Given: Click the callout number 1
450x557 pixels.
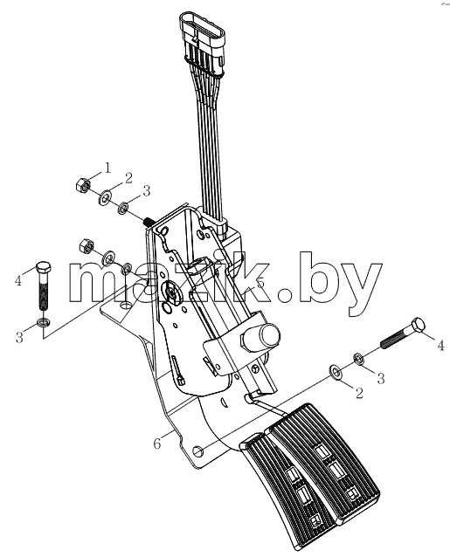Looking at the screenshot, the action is coord(107,168).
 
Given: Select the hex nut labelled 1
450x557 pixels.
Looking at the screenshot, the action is coord(83,184).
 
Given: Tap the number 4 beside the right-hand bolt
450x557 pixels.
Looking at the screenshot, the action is coord(440,345).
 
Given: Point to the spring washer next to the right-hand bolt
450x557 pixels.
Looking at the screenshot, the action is coord(358,358).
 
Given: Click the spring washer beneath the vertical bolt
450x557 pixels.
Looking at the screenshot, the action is coord(44,322).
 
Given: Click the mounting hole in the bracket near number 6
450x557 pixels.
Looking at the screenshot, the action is coord(198,452).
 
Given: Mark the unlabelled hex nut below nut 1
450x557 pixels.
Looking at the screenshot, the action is coord(86,245).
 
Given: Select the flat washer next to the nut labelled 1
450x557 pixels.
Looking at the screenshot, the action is coord(105,197).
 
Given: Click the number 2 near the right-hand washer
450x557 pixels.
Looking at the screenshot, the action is coord(359,393).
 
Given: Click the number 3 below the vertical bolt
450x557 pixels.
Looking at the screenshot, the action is coord(19,336).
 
